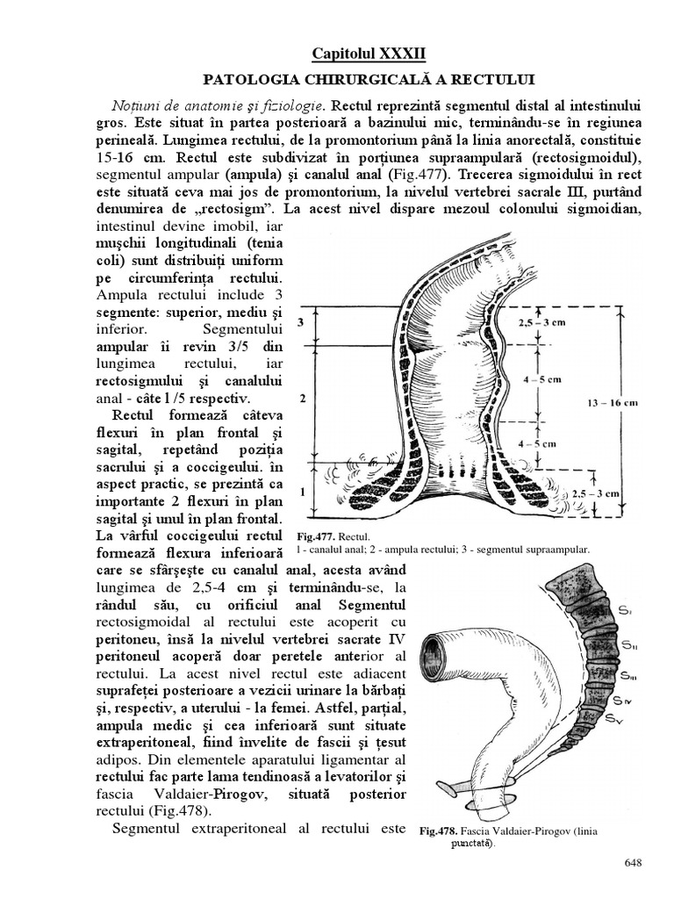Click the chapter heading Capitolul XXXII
click(368, 54)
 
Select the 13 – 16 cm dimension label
click(613, 403)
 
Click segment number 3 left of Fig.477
click(301, 323)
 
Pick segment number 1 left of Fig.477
click(301, 491)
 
